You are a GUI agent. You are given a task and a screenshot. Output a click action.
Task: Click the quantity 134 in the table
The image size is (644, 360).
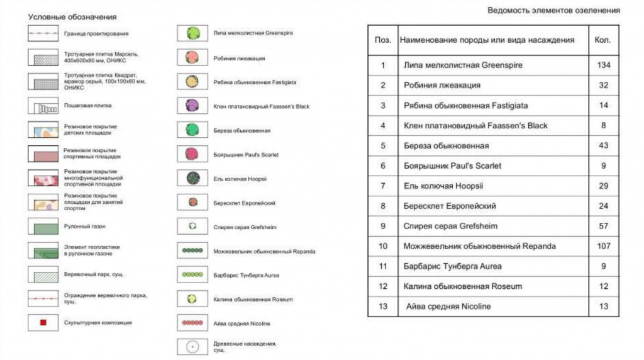pos(604,65)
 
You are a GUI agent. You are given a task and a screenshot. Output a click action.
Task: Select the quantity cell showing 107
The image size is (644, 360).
pos(604,246)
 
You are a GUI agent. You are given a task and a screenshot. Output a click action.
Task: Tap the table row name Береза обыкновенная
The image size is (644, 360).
pos(447,146)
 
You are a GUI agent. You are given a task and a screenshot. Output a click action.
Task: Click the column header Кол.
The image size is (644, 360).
pos(602,40)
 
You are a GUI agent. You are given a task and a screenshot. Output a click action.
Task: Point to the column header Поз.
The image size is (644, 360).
pos(382,40)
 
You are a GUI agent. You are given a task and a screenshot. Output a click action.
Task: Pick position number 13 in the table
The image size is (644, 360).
pos(382,307)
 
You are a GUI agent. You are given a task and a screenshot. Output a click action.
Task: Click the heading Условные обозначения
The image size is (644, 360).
pos(72,17)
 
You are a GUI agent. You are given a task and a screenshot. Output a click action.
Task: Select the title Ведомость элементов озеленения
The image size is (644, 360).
pos(553,11)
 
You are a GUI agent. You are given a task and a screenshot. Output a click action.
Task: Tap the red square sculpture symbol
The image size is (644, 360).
pos(43,323)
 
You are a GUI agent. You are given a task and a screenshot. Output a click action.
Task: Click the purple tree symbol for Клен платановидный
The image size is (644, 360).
pos(192,106)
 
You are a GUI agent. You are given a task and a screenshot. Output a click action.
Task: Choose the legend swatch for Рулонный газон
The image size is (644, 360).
pos(43,227)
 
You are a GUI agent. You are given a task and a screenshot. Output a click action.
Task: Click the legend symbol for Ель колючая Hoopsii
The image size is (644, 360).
pos(192,178)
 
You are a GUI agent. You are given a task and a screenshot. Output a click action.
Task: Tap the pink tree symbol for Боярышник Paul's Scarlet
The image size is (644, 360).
pos(192,154)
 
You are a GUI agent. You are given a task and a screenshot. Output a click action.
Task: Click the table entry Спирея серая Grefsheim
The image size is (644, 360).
pos(450,226)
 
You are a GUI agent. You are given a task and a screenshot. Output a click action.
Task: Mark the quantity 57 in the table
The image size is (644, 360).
pos(604,226)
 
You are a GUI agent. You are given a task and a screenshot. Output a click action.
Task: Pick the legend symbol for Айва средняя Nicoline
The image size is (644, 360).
pos(192,323)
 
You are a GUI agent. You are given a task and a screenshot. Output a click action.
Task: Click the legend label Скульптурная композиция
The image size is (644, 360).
pos(98,323)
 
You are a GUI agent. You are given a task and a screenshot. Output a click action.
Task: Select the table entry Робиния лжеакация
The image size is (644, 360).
pos(442,86)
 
